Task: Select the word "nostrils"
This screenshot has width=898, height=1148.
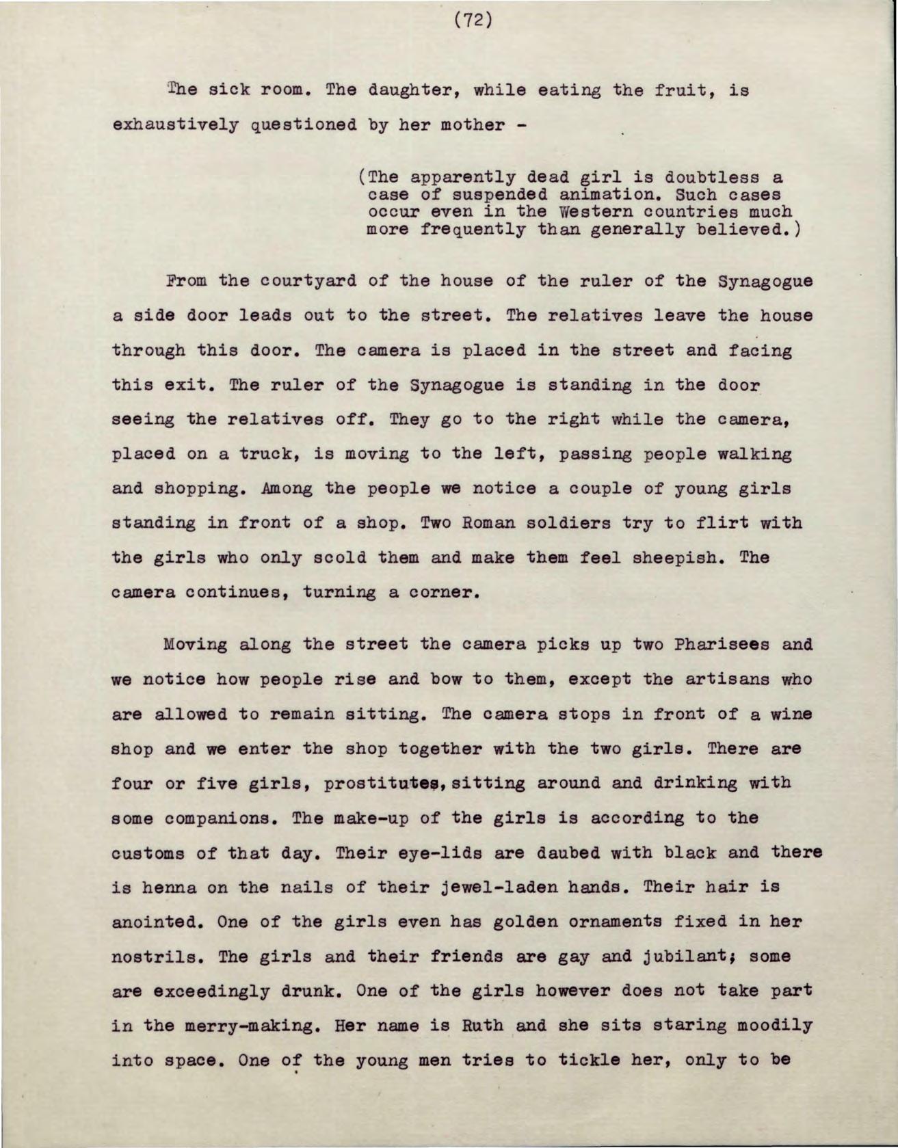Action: (153, 957)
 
